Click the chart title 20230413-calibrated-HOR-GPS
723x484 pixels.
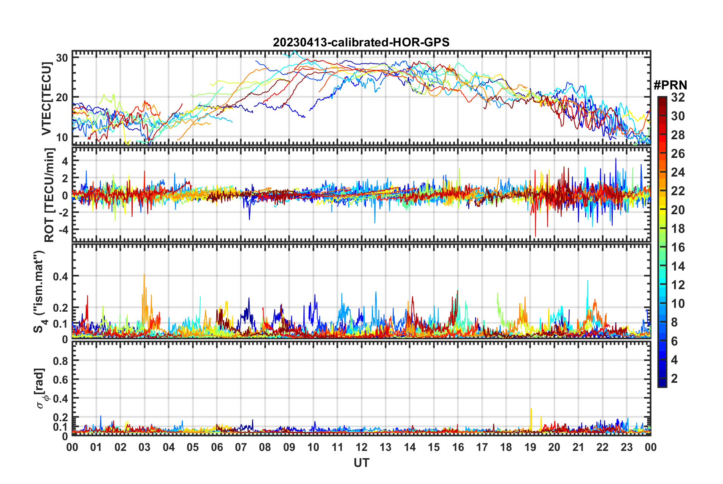tap(361, 42)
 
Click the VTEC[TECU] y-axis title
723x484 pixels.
tap(46, 99)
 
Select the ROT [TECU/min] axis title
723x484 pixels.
tap(49, 195)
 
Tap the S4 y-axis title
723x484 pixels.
tap(39, 291)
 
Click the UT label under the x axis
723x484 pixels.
tap(361, 463)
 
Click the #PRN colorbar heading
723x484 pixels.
tap(670, 85)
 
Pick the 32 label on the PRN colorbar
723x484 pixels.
tap(678, 97)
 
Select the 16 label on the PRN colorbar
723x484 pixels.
tap(678, 247)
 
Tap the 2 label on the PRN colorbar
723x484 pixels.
tap(675, 379)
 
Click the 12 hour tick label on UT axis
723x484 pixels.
tap(361, 447)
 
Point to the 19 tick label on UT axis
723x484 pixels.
tap(530, 447)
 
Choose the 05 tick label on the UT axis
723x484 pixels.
tap(193, 447)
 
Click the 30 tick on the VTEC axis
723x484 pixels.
tap(62, 58)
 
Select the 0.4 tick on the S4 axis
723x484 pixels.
tap(60, 276)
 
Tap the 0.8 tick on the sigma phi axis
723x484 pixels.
tap(60, 361)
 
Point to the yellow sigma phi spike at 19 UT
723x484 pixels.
tap(531, 409)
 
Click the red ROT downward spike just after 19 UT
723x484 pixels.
tap(536, 236)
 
